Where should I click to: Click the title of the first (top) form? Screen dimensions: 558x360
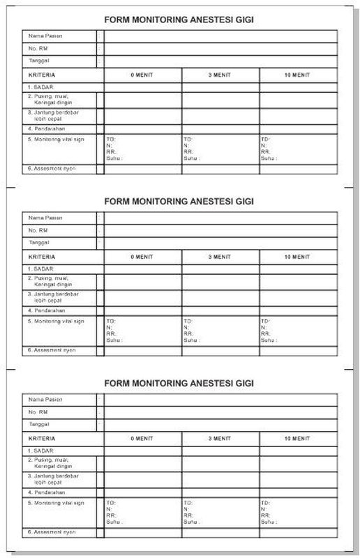pos(179,20)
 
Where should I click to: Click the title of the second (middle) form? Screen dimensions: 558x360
pos(179,202)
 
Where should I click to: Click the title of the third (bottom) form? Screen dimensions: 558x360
pos(179,384)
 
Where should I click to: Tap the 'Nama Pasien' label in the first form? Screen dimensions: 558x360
pos(45,36)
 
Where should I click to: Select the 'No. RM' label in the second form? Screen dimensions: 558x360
pos(38,230)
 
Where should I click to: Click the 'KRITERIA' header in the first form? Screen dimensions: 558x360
pos(42,74)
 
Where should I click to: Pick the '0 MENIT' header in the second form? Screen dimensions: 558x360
pos(142,256)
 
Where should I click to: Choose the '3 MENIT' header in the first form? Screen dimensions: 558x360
pos(220,74)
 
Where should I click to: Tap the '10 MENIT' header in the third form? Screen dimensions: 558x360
pos(297,438)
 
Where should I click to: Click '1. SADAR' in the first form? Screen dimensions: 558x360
pos(40,86)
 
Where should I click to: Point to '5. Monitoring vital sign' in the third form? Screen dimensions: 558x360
pos(56,503)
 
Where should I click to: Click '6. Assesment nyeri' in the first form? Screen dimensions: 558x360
pos(51,169)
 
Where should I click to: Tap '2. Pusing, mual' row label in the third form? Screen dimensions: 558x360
pos(51,464)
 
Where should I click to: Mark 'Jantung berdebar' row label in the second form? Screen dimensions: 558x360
pos(53,296)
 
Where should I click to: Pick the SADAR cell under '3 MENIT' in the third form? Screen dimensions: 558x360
pos(220,451)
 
